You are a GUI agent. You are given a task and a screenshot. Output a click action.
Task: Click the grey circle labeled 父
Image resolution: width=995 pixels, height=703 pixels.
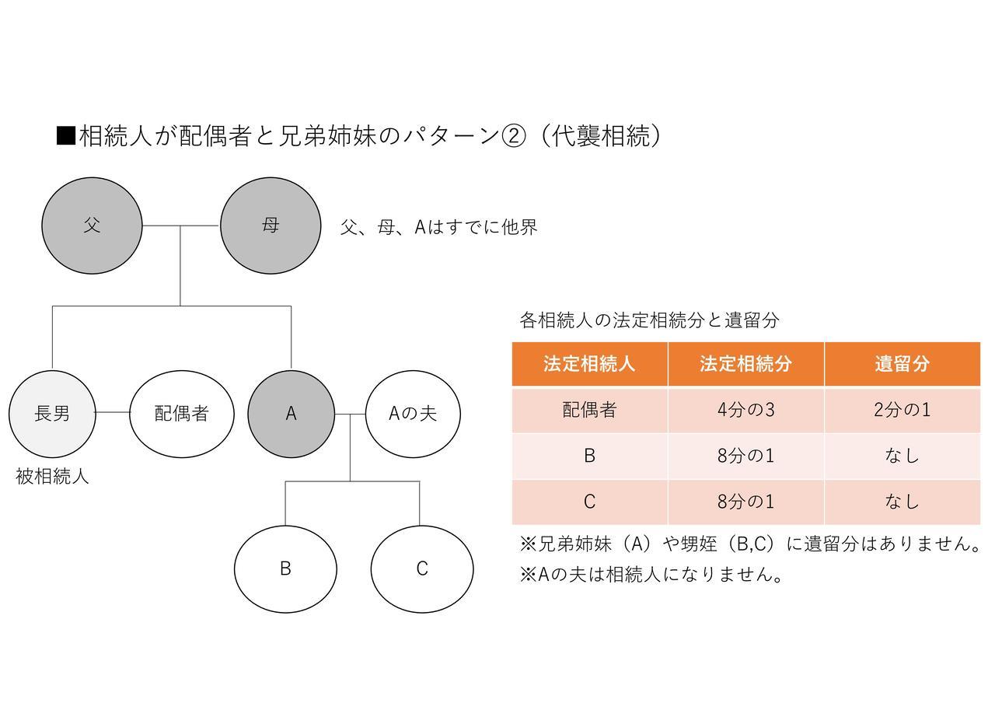[x=92, y=226]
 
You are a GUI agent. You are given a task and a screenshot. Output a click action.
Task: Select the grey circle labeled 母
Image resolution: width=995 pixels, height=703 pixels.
[x=271, y=226]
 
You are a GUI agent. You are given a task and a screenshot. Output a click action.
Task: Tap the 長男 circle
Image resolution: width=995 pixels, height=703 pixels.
[x=52, y=414]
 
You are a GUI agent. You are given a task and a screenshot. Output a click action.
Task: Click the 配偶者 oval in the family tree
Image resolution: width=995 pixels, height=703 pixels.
[x=182, y=414]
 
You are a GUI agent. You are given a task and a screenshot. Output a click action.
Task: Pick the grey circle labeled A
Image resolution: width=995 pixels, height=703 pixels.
[x=291, y=414]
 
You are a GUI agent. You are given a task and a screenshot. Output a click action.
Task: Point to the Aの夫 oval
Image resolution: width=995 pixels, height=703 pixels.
[x=413, y=414]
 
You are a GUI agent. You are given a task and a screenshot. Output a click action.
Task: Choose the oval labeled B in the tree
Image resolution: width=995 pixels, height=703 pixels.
[x=285, y=569]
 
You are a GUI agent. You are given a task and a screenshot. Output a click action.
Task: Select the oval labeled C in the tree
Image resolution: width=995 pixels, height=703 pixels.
[x=422, y=569]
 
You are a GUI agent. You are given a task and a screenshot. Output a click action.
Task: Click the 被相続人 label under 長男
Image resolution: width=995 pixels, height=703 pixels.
[x=52, y=477]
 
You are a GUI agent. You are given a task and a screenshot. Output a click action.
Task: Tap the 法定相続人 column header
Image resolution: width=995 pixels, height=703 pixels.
[x=589, y=364]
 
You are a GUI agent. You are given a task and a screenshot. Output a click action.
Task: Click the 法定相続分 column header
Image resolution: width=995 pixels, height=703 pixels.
[x=745, y=364]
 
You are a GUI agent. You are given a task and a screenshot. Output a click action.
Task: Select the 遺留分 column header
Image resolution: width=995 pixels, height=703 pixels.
[x=902, y=364]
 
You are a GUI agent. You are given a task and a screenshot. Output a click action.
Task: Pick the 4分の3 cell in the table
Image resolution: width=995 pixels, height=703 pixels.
[x=745, y=410]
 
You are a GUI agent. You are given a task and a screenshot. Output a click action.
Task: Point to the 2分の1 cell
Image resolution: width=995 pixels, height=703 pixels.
[x=902, y=410]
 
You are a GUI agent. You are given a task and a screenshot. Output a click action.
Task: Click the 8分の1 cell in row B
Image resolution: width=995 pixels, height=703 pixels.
[x=745, y=456]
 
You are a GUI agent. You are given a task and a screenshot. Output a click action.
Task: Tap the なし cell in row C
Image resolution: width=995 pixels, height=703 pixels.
[x=902, y=502]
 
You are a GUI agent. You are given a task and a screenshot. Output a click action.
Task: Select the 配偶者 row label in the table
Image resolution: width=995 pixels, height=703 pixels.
[x=589, y=410]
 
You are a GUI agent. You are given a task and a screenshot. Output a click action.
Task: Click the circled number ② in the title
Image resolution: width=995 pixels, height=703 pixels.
[x=514, y=136]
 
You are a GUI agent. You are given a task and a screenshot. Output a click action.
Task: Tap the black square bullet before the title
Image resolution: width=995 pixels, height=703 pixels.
[x=66, y=136]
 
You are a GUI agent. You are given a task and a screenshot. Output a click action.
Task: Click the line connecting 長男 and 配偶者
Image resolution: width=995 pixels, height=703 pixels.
[x=113, y=412]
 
